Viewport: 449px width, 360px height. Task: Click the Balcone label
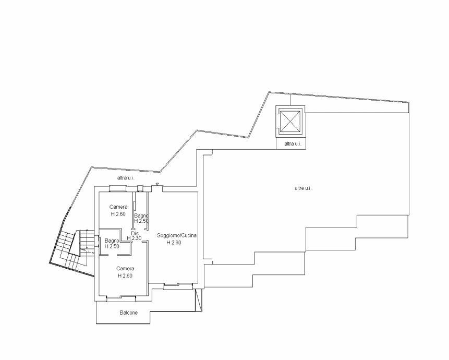(x=129, y=313)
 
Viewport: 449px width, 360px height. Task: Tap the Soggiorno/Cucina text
(x=177, y=235)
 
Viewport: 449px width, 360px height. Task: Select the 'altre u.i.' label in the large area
(x=304, y=188)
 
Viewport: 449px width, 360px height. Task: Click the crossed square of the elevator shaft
(x=290, y=122)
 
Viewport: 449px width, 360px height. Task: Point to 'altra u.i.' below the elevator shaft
(x=293, y=144)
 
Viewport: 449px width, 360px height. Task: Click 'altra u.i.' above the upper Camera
(x=126, y=178)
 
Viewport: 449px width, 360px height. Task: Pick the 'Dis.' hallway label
(x=136, y=233)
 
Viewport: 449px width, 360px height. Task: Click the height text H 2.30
(x=135, y=238)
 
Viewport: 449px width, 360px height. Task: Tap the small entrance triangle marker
(x=157, y=184)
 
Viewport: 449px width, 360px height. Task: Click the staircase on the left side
(x=73, y=249)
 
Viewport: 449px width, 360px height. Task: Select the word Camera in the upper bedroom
(x=118, y=207)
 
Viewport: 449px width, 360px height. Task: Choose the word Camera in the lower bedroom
(x=125, y=269)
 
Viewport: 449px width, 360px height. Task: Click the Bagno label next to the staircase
(x=112, y=241)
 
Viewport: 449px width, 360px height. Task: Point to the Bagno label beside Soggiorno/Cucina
(x=141, y=215)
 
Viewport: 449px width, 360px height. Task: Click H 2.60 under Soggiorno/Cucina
(x=174, y=243)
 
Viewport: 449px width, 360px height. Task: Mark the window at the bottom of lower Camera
(x=121, y=298)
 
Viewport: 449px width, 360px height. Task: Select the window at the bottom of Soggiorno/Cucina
(x=178, y=286)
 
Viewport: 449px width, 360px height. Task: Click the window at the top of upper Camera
(x=118, y=188)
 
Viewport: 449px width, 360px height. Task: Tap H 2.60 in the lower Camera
(x=125, y=276)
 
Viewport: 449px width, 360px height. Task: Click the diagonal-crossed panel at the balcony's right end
(x=199, y=300)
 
